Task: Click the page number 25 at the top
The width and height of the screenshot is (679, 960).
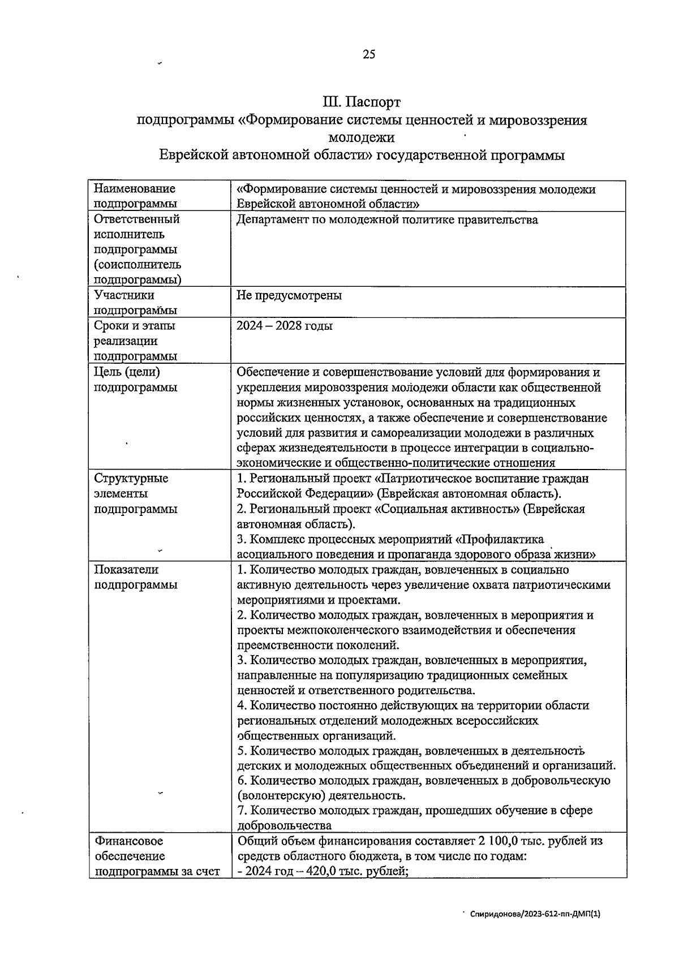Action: [368, 54]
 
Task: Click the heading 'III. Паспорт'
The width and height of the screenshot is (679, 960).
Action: [362, 102]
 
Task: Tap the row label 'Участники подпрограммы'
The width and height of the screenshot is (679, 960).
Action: [135, 303]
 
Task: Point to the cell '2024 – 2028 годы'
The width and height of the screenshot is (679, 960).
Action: [285, 326]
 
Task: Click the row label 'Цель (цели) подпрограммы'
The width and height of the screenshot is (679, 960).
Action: [135, 380]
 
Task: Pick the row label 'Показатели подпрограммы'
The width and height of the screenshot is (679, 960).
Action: [135, 577]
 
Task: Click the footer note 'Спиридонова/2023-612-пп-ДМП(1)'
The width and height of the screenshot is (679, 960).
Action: [535, 913]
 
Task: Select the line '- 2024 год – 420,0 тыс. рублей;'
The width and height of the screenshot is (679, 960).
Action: [323, 871]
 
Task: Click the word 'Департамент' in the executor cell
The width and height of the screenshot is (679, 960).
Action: [272, 219]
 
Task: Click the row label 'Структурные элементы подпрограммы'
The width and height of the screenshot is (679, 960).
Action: [135, 493]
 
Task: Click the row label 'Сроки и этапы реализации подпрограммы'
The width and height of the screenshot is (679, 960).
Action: [135, 341]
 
